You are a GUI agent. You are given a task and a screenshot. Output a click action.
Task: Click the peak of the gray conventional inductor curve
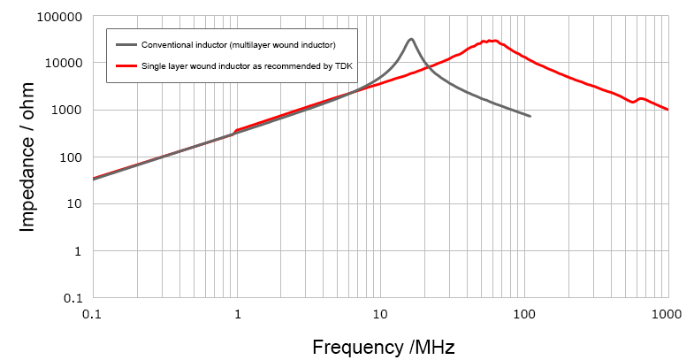click(411, 39)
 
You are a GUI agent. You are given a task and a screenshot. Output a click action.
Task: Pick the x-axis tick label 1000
click(667, 315)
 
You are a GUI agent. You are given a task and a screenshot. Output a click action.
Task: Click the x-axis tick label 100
click(525, 315)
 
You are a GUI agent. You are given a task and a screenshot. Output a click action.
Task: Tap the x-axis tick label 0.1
click(91, 315)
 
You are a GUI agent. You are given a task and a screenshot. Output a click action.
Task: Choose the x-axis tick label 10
click(380, 315)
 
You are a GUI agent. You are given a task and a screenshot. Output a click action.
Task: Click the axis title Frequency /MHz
click(383, 346)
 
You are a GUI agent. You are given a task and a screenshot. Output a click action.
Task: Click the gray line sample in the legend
click(126, 43)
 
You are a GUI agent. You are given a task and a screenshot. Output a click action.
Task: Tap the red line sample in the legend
click(126, 65)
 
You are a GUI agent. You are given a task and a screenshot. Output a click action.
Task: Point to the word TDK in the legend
click(343, 65)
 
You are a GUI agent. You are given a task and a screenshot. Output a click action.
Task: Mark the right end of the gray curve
click(530, 116)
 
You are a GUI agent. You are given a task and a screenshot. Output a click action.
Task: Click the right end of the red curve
click(667, 110)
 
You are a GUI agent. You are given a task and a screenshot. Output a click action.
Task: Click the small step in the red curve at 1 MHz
click(235, 132)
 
